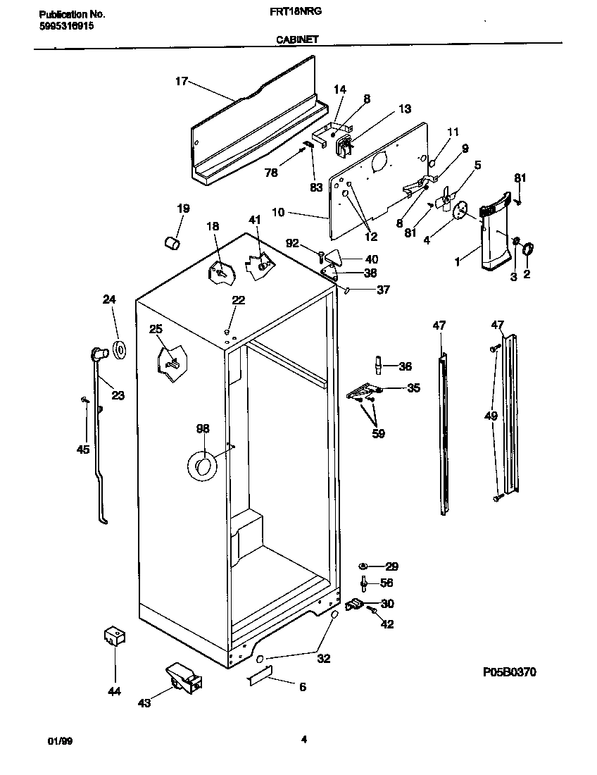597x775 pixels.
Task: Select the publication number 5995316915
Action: pyautogui.click(x=63, y=25)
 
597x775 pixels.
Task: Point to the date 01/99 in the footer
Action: pyautogui.click(x=59, y=740)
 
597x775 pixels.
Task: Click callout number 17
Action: pyautogui.click(x=182, y=81)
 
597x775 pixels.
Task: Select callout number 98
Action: pyautogui.click(x=203, y=428)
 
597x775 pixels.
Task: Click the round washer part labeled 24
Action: pyautogui.click(x=118, y=349)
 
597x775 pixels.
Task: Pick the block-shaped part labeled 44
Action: pyautogui.click(x=113, y=635)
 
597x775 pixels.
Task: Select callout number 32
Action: pyautogui.click(x=324, y=659)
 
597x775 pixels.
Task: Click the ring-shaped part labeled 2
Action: pyautogui.click(x=527, y=249)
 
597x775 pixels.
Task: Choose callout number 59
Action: pyautogui.click(x=378, y=434)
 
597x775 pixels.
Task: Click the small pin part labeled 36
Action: pyautogui.click(x=378, y=366)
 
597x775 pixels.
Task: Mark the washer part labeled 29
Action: pyautogui.click(x=363, y=566)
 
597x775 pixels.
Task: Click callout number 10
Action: pyautogui.click(x=298, y=212)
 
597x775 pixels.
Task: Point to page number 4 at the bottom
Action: pyautogui.click(x=304, y=739)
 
